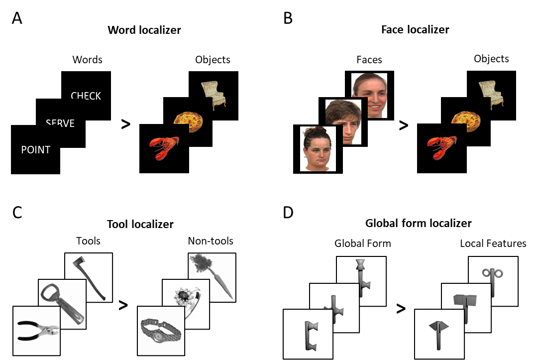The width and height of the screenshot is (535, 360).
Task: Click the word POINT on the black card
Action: point(35,149)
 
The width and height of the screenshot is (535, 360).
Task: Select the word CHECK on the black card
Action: point(86,96)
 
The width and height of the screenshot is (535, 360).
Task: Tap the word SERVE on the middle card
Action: point(60,123)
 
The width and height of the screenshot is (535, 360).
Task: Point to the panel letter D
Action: point(288,213)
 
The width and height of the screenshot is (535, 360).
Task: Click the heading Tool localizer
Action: point(140,224)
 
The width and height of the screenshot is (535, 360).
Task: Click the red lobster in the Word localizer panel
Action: point(164,148)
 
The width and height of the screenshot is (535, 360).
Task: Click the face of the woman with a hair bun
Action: point(318,149)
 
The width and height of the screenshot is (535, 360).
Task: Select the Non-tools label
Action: point(210,241)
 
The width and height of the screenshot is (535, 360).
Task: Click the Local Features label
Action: point(493,243)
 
